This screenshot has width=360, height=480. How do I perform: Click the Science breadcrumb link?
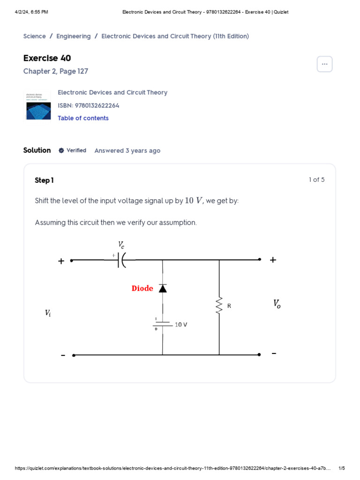pos(34,36)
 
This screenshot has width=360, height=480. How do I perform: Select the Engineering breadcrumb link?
pos(74,36)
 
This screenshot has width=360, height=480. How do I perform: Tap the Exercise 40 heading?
pos(47,58)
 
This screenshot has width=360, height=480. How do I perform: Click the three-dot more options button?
pos(324,64)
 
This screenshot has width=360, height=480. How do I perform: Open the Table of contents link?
pos(83,118)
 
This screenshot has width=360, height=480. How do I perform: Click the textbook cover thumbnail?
pos(37,105)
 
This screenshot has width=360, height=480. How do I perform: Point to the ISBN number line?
pos(89,105)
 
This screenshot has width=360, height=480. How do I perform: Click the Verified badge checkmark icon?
pos(61,150)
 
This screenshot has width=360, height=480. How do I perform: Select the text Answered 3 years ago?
pos(127,150)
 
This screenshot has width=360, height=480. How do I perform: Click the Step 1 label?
pos(44,180)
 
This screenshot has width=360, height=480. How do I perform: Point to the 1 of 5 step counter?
pos(316,180)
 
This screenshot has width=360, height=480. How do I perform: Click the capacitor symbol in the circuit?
pos(121,260)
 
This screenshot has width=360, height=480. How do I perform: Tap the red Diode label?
pos(142,288)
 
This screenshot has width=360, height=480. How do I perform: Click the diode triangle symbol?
pos(163,288)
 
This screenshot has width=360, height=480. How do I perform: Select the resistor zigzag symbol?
pos(219,306)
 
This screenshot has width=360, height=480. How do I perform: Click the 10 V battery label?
pos(181,324)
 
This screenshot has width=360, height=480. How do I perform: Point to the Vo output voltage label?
pos(277,304)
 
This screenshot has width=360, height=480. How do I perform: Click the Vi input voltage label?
pos(48,313)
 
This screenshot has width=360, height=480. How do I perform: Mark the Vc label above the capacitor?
pos(121,245)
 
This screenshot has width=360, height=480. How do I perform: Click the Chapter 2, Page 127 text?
pos(55,71)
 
